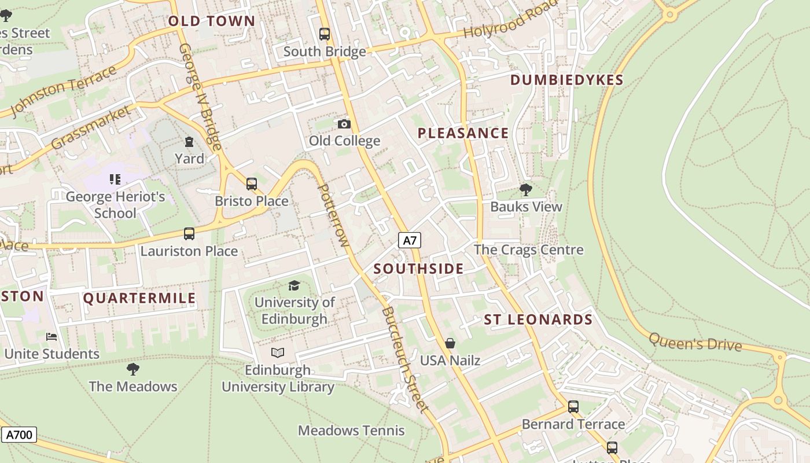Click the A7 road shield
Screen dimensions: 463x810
[410, 240]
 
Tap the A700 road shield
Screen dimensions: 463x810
[19, 435]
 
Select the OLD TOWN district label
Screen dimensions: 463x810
[211, 21]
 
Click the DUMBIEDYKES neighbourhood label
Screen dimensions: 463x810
[566, 80]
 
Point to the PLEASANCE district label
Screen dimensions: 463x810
[463, 134]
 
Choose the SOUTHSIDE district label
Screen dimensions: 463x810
[418, 269]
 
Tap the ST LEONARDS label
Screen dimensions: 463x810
[538, 320]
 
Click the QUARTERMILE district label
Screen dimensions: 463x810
[139, 299]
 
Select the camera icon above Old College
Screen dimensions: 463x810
[344, 124]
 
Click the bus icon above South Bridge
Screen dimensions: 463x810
[325, 34]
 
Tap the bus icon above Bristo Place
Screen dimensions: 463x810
[251, 184]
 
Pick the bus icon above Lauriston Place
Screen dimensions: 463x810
[189, 234]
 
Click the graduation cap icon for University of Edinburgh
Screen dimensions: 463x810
[294, 285]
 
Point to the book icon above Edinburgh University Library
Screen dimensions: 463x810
[278, 352]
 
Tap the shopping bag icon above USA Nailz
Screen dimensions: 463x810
[450, 343]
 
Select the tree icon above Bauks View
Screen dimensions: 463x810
[526, 189]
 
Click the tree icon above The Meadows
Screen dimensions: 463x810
[133, 369]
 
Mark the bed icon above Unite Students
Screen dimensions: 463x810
[51, 336]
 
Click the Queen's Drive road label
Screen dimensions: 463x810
[695, 342]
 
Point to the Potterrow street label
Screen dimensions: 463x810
[334, 215]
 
